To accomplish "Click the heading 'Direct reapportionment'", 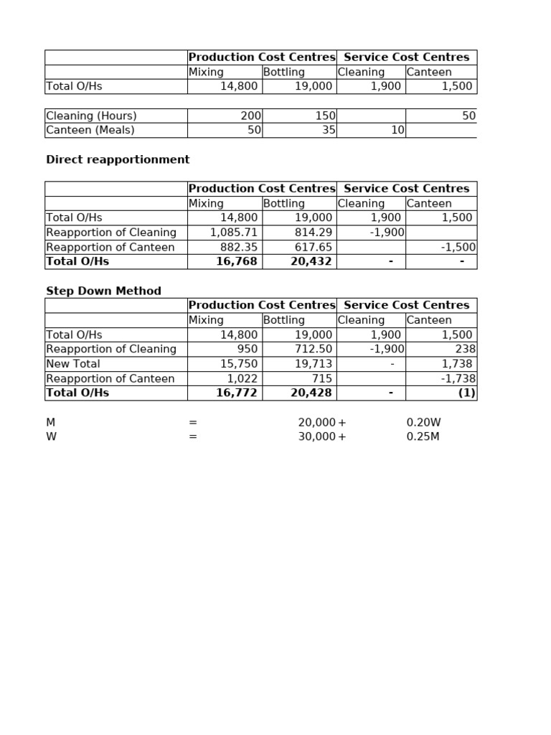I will click(x=118, y=160).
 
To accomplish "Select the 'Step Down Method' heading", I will click(x=103, y=291).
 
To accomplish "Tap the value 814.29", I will click(x=314, y=233).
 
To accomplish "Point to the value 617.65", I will click(x=314, y=247).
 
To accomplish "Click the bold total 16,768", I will click(x=237, y=261).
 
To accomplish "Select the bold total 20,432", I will click(x=311, y=261).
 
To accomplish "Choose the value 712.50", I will click(x=314, y=349).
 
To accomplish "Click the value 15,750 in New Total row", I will click(x=239, y=364).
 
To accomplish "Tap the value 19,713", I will click(x=314, y=364).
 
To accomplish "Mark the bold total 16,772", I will click(x=237, y=393).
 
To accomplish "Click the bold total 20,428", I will click(x=311, y=393).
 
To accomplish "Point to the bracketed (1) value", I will click(x=467, y=393).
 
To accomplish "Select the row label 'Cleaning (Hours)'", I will click(x=91, y=116).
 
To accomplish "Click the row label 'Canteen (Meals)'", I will click(x=90, y=130).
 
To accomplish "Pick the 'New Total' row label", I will click(x=74, y=364).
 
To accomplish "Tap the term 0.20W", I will click(x=424, y=423).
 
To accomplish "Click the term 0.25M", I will click(x=423, y=436).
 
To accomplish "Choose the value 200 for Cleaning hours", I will click(x=252, y=116).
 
